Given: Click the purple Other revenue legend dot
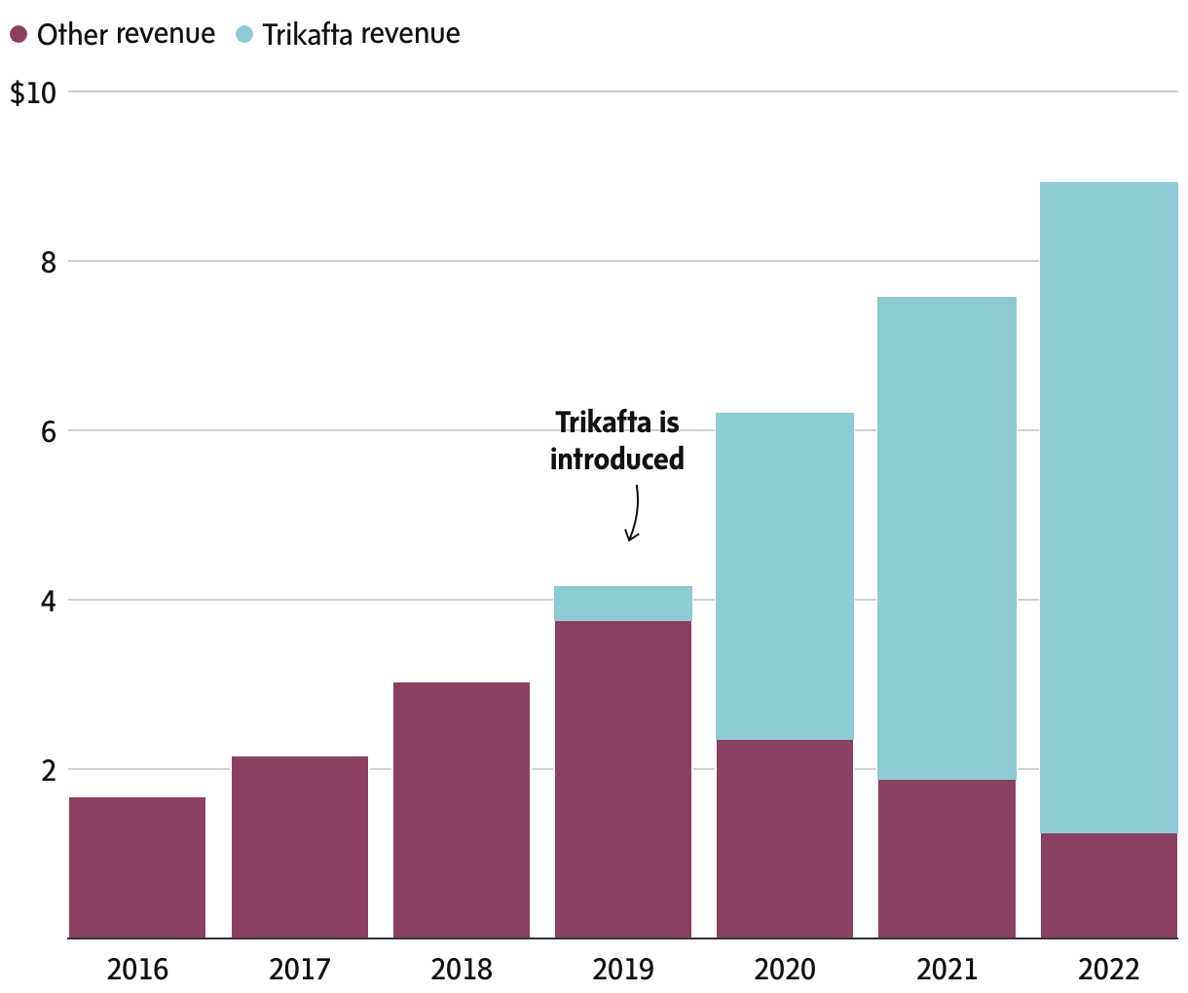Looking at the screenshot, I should point(19,34).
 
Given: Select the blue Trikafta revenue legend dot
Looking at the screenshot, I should point(244,34).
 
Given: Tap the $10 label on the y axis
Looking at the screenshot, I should point(33,93).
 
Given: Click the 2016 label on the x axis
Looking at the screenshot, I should point(137,970).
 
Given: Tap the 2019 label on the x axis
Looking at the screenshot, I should point(623,970).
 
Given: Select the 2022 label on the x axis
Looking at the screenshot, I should point(1108,970).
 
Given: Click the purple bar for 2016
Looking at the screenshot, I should point(137,867).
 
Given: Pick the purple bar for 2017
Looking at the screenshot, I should point(300,847).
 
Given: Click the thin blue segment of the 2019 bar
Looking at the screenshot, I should point(623,604).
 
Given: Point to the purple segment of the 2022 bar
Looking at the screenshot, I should point(1108,886).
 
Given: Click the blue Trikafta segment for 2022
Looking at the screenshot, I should point(1108,507).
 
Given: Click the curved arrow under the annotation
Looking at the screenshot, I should point(634,514).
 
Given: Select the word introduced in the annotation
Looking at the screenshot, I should point(617,459).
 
